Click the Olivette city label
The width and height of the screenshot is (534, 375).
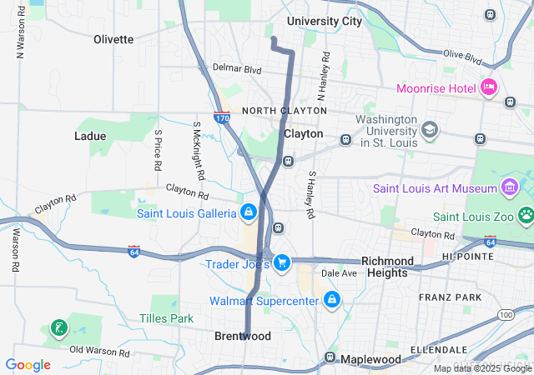pos(113,39)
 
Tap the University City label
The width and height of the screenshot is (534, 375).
pos(325,21)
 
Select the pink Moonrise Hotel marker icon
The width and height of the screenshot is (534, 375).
pos(489,87)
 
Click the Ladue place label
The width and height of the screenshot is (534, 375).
pos(90,136)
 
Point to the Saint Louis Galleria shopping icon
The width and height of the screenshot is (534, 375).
pos(248,213)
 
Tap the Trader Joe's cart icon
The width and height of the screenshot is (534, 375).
pos(282,263)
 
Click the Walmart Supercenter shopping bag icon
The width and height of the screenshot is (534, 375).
pos(332,299)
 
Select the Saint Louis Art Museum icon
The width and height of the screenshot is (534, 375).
pos(509,187)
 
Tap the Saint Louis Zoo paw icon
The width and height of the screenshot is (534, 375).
pos(526,216)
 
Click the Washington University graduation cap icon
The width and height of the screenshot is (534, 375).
pos(429,130)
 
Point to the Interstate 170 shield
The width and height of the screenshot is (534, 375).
pos(222,118)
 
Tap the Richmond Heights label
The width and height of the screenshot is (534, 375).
pos(387,267)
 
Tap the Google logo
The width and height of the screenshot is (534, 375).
pos(28,365)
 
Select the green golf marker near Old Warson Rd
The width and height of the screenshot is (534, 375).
pos(58,327)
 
